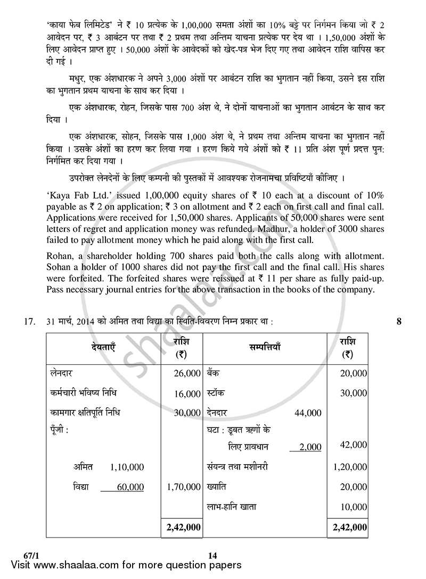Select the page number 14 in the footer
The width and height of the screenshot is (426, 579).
(x=212, y=556)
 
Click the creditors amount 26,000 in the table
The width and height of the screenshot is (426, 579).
(x=187, y=374)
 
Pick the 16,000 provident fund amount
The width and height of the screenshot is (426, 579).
(x=187, y=393)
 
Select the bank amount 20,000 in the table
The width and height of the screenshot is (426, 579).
(x=354, y=374)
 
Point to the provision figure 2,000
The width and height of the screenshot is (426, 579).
(x=310, y=447)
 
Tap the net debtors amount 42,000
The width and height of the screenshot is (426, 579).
(x=354, y=445)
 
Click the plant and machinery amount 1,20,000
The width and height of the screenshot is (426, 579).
(x=350, y=467)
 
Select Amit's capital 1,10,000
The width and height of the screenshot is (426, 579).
(x=127, y=467)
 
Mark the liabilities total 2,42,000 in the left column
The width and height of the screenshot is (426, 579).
(x=183, y=527)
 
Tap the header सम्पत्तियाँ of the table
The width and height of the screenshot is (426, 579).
(x=265, y=347)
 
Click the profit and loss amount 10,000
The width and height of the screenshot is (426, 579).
(x=354, y=507)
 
